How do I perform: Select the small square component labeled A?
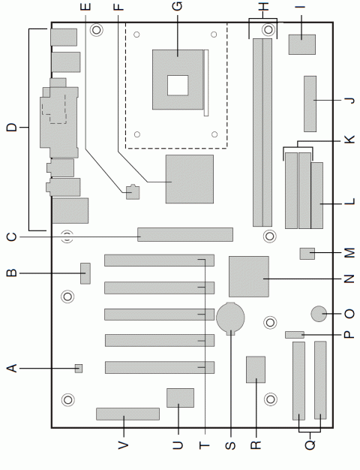79,368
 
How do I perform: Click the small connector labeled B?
85,273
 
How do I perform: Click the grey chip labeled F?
189,179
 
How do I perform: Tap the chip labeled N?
250,276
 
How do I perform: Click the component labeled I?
301,46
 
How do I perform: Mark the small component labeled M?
307,253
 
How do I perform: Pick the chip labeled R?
256,369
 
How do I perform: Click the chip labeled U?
180,397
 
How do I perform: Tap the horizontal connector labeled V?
127,414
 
